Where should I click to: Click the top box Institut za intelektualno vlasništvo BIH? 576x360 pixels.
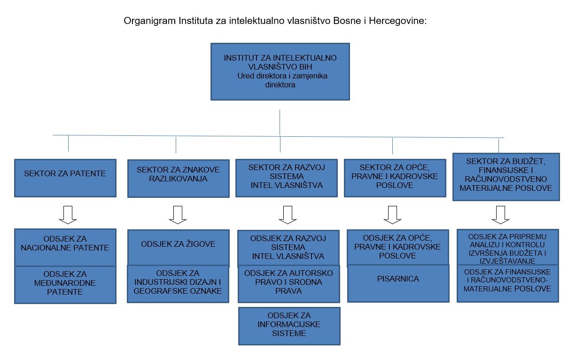[x=280, y=71]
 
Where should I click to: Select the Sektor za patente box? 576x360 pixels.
[x=65, y=178]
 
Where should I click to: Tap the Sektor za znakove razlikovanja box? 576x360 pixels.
[x=179, y=179]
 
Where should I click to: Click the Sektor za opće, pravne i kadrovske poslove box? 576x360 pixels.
[x=395, y=178]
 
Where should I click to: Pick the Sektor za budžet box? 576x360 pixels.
[x=506, y=177]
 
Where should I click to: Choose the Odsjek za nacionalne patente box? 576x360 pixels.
[x=65, y=247]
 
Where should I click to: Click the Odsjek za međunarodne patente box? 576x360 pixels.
[x=65, y=285]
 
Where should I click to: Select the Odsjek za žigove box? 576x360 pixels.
[x=179, y=247]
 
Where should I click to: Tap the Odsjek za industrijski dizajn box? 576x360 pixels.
[x=178, y=284]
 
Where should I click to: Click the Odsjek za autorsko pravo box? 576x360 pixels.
[x=289, y=284]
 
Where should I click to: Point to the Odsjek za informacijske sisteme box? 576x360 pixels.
[x=289, y=326]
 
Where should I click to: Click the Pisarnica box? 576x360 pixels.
[x=398, y=283]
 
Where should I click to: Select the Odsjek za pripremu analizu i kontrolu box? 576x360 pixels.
[x=508, y=247]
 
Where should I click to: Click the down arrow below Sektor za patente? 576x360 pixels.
[x=68, y=215]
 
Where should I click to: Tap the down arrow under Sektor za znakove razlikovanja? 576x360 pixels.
[x=178, y=215]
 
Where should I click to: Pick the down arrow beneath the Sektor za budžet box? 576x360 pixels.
[x=500, y=215]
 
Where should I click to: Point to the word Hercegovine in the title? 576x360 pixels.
[x=398, y=21]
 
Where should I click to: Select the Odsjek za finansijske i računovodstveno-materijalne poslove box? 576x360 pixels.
[x=508, y=283]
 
